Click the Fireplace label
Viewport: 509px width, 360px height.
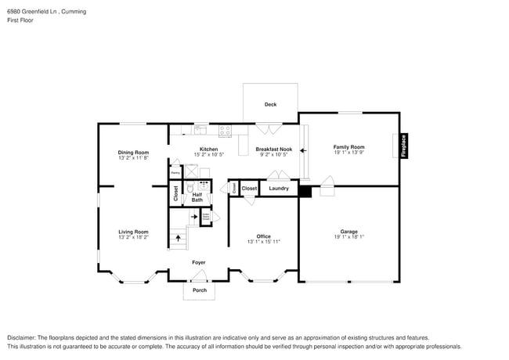[404, 146]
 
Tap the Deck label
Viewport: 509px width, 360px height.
[269, 104]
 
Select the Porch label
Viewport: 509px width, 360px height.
[200, 290]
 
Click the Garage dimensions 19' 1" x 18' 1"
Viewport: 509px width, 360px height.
[348, 237]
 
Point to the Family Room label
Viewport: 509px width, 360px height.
[348, 147]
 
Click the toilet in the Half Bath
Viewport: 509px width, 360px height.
[190, 189]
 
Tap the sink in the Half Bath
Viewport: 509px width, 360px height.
[202, 187]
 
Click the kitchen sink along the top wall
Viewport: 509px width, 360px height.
[200, 128]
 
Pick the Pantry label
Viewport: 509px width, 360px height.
[175, 172]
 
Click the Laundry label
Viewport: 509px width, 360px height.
[279, 189]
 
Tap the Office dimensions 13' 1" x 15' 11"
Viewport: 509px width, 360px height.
[263, 242]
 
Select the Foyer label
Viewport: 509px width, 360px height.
[199, 262]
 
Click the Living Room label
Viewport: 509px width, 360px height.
[133, 232]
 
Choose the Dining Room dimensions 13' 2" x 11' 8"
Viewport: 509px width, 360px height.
[133, 158]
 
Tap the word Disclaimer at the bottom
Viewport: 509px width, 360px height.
[22, 337]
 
